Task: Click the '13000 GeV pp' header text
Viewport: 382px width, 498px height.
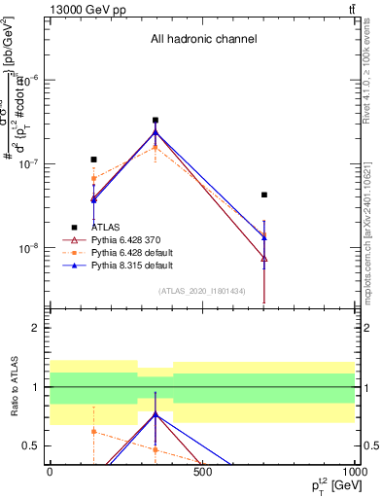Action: (x=85, y=9)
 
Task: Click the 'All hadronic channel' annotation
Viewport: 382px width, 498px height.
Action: (x=203, y=40)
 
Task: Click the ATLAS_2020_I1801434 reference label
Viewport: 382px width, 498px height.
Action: (x=202, y=291)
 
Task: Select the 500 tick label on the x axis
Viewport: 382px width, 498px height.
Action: (x=202, y=472)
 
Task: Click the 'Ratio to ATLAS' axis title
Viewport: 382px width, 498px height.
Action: (x=13, y=387)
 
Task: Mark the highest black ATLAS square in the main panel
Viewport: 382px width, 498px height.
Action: (x=156, y=121)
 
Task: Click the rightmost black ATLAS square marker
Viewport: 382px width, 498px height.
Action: (x=263, y=195)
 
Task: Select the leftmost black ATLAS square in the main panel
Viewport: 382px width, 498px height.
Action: (x=93, y=160)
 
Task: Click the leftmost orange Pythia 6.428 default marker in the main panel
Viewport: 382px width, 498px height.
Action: (x=93, y=178)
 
